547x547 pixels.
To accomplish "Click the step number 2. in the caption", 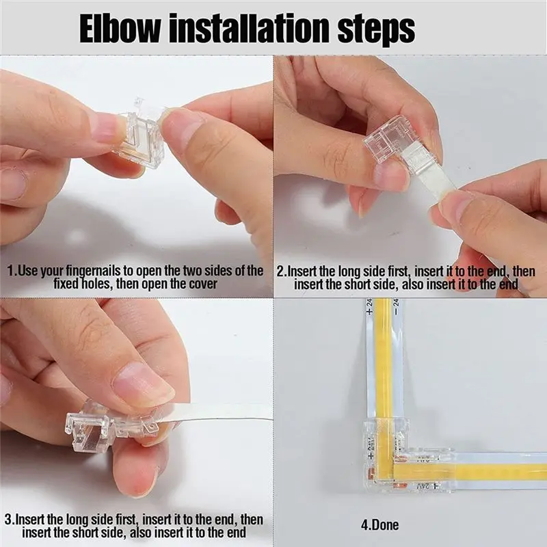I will click(x=280, y=271).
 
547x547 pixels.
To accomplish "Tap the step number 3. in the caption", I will click(x=8, y=520).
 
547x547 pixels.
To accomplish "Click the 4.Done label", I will click(x=379, y=525).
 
